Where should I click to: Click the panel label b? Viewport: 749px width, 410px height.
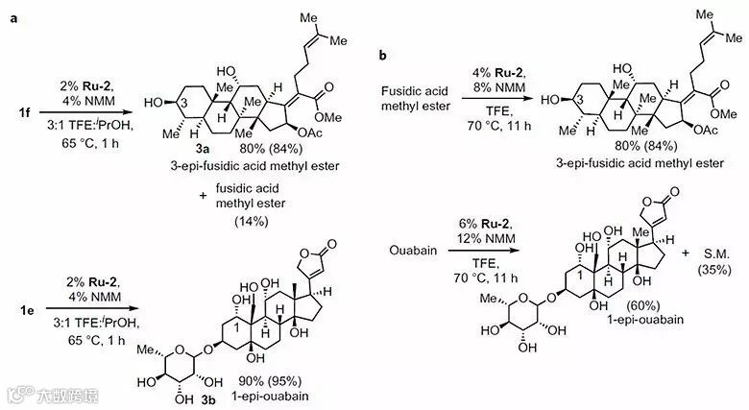pyautogui.click(x=382, y=57)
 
